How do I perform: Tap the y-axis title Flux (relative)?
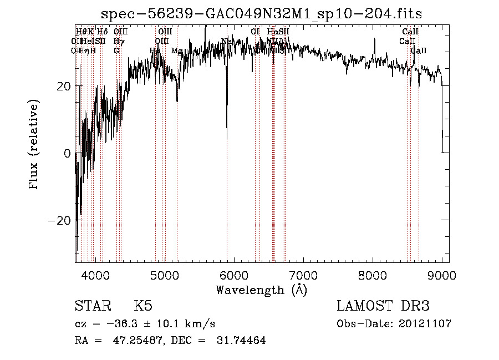point(34,145)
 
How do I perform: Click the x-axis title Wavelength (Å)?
point(261,290)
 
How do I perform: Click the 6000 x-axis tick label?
point(233,275)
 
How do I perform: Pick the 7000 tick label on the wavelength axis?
point(303,275)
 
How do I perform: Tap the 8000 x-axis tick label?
point(373,275)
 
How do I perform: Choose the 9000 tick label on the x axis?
point(442,275)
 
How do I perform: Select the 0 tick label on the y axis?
point(67,153)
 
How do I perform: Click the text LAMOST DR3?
point(383,306)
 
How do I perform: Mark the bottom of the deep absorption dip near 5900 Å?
point(227,129)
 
